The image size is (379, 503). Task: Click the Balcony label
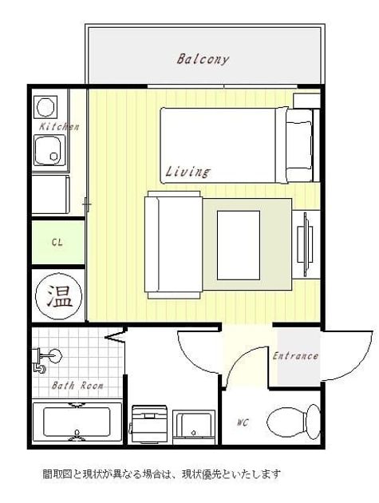click(x=203, y=59)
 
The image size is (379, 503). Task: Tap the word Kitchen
click(x=59, y=126)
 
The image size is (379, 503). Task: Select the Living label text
click(x=188, y=172)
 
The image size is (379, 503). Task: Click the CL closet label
click(x=57, y=242)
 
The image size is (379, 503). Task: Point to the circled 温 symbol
click(x=58, y=296)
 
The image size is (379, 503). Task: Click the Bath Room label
click(x=77, y=385)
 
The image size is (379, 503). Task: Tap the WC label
click(x=243, y=423)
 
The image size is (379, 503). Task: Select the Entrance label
click(x=295, y=356)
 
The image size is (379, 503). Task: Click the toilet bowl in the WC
click(x=294, y=422)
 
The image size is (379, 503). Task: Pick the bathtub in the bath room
click(x=77, y=422)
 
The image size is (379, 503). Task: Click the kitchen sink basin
click(x=49, y=150)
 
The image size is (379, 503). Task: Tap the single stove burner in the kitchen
click(x=45, y=106)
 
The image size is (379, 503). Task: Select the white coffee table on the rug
click(x=239, y=245)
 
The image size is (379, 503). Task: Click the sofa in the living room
click(x=173, y=244)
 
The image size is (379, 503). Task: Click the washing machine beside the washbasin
click(x=148, y=424)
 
